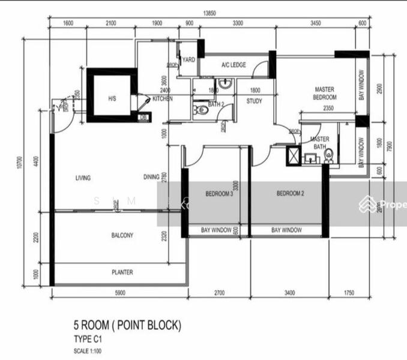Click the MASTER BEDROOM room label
pyautogui.click(x=325, y=93)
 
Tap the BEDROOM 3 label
pyautogui.click(x=219, y=194)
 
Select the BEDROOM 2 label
pyautogui.click(x=291, y=193)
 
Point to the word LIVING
pyautogui.click(x=83, y=178)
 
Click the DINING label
pyautogui.click(x=151, y=177)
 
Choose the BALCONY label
pyautogui.click(x=122, y=235)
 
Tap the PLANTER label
pyautogui.click(x=122, y=272)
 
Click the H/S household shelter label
pyautogui.click(x=112, y=97)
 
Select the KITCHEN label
pyautogui.click(x=162, y=98)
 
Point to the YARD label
pyautogui.click(x=188, y=60)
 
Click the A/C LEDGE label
pyautogui.click(x=233, y=65)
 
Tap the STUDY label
pyautogui.click(x=254, y=101)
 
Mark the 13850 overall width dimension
pyautogui.click(x=210, y=11)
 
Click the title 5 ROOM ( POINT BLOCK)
pyautogui.click(x=127, y=326)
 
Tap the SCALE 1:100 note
pyautogui.click(x=88, y=350)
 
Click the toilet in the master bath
pyautogui.click(x=328, y=155)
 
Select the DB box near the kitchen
pyautogui.click(x=143, y=118)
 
